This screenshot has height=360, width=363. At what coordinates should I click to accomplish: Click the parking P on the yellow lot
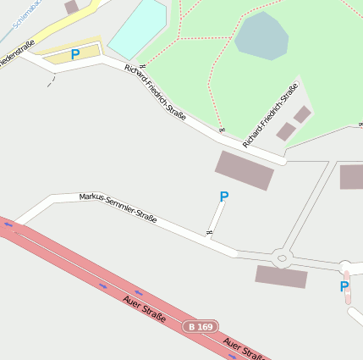75,54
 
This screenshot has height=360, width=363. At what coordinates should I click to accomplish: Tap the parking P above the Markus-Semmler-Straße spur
224,197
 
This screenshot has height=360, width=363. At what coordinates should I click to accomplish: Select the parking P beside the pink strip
344,287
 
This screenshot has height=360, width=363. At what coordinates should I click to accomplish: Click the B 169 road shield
201,326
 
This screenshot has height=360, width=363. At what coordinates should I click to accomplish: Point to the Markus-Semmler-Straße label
118,208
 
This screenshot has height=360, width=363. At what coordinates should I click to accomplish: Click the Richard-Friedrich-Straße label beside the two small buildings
270,116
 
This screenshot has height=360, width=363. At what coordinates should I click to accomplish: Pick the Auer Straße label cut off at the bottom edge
245,349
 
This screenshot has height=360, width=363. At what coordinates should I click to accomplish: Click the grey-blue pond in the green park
261,36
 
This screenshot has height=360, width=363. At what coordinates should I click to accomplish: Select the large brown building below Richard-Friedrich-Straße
245,170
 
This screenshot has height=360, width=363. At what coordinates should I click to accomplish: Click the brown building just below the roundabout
281,277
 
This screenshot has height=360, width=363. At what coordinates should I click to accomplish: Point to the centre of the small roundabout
282,257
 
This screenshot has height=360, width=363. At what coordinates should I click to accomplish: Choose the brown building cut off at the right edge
352,177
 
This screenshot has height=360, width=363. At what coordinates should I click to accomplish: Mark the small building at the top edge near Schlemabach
72,6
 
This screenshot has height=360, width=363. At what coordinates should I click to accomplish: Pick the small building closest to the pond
303,114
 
